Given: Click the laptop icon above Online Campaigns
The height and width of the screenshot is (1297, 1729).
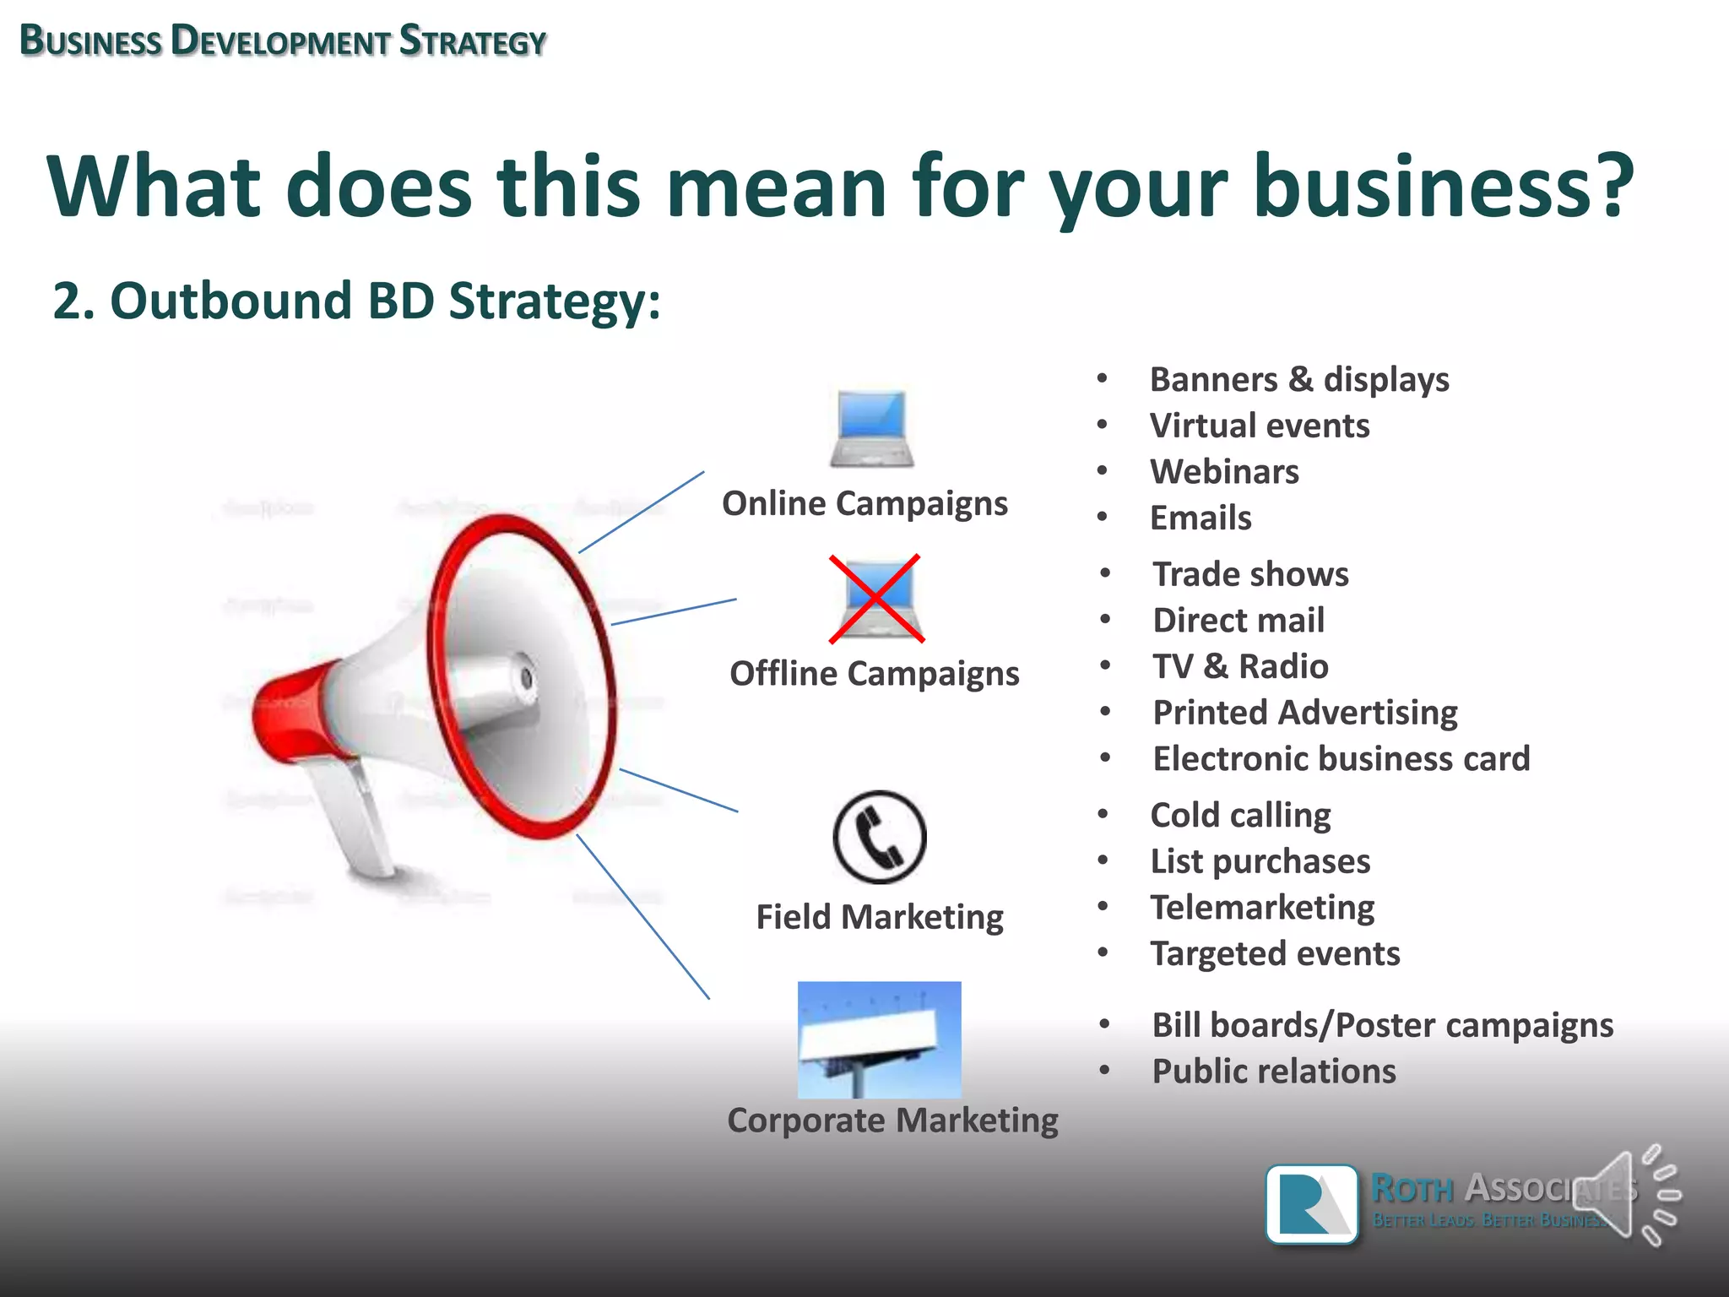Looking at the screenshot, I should [x=871, y=428].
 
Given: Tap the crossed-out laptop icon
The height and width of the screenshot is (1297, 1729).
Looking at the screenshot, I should [x=876, y=599].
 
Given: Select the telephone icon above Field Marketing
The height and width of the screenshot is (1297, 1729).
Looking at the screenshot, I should [x=879, y=837].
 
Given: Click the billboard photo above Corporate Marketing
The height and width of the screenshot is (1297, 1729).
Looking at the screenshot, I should [x=879, y=1039].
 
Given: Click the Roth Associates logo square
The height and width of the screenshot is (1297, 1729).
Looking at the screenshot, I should [x=1312, y=1204].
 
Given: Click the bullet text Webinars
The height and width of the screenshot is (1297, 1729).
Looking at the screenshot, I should [x=1224, y=472].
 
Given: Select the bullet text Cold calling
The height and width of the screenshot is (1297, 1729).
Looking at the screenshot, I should [x=1240, y=816].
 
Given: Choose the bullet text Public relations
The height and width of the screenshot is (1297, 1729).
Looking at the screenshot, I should [x=1274, y=1072].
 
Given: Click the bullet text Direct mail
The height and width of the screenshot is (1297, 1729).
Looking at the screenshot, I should [x=1238, y=621].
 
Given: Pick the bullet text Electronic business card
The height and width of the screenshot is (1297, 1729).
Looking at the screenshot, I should [x=1341, y=759].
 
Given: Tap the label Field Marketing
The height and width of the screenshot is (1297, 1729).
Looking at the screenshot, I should [x=880, y=917].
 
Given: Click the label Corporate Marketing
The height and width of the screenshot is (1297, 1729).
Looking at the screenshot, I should [x=892, y=1121].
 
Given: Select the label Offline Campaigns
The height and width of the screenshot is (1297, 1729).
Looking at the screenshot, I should [x=875, y=674].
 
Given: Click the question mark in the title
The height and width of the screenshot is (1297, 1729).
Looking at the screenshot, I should [x=1611, y=185].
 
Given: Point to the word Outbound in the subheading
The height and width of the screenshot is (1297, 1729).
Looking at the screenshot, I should [x=230, y=301].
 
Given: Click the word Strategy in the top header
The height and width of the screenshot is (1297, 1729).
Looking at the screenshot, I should [x=473, y=41].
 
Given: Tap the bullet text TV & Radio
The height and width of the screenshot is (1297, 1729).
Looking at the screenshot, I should [x=1240, y=667].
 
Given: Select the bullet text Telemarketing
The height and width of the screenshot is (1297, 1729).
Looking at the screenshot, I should [x=1262, y=908].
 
